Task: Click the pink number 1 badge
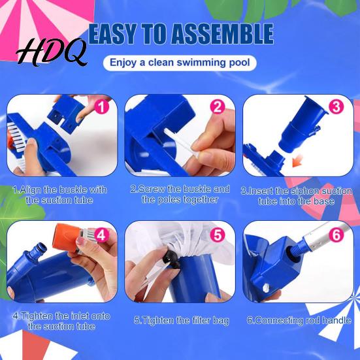pos(102,107)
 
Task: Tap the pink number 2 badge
pos(218,107)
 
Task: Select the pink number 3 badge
pos(336,107)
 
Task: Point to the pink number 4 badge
pos(102,235)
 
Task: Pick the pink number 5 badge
pos(218,235)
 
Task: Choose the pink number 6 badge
pos(336,235)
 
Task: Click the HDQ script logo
pos(52,52)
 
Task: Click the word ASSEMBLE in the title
pos(222,34)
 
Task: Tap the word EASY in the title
pos(112,34)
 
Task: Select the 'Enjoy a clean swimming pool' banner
pos(180,63)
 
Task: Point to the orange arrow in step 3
pos(298,161)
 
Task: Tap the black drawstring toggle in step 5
pos(171,259)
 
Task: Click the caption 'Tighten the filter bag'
pos(182,320)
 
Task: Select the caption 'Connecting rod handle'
pos(299,320)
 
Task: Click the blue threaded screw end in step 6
pos(297,248)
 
